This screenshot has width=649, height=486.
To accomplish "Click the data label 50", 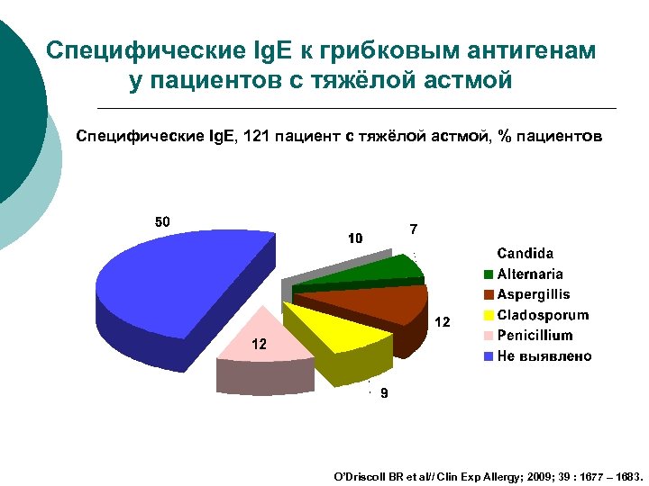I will click(x=162, y=221).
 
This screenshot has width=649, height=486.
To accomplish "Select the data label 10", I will click(x=355, y=238).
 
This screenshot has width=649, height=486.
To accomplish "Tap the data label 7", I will click(x=413, y=229).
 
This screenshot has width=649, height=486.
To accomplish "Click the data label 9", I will click(x=383, y=394).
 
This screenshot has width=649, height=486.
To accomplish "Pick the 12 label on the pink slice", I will click(x=259, y=345).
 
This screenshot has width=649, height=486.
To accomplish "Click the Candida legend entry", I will click(x=526, y=254).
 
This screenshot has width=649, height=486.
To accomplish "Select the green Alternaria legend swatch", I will click(x=489, y=274).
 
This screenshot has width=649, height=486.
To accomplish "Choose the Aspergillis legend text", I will click(x=534, y=294).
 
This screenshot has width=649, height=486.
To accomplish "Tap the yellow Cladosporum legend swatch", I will click(x=489, y=316).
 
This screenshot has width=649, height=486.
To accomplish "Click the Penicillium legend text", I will click(x=535, y=336).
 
